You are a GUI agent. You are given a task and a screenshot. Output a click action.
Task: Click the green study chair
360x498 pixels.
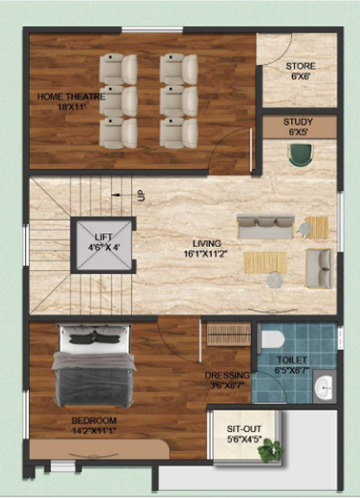(x=300, y=155)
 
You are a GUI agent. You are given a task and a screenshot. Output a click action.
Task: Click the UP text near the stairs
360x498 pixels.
(x=141, y=195)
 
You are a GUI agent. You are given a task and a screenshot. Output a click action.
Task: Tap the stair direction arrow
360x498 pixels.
(x=122, y=195)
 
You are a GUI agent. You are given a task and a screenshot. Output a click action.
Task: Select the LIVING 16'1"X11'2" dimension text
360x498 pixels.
(x=206, y=249)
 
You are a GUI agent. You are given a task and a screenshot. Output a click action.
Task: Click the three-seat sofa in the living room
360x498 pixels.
(x=265, y=227)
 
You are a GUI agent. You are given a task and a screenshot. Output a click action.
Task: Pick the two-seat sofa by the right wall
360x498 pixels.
(x=318, y=268)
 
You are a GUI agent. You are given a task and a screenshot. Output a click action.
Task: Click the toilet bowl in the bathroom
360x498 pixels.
(x=272, y=339)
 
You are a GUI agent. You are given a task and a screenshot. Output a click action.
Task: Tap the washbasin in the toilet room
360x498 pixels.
(x=324, y=387)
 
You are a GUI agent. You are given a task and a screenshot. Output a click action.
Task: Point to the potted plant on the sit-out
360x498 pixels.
(x=270, y=450)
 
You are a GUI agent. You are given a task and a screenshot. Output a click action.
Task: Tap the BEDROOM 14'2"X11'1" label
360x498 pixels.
(x=94, y=426)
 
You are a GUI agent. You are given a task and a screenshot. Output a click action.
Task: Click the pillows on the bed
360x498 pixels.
(x=95, y=335)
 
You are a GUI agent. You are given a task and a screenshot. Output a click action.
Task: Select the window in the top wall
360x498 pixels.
(x=153, y=30)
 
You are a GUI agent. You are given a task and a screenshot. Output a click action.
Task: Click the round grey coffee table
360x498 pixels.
(x=275, y=280)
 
